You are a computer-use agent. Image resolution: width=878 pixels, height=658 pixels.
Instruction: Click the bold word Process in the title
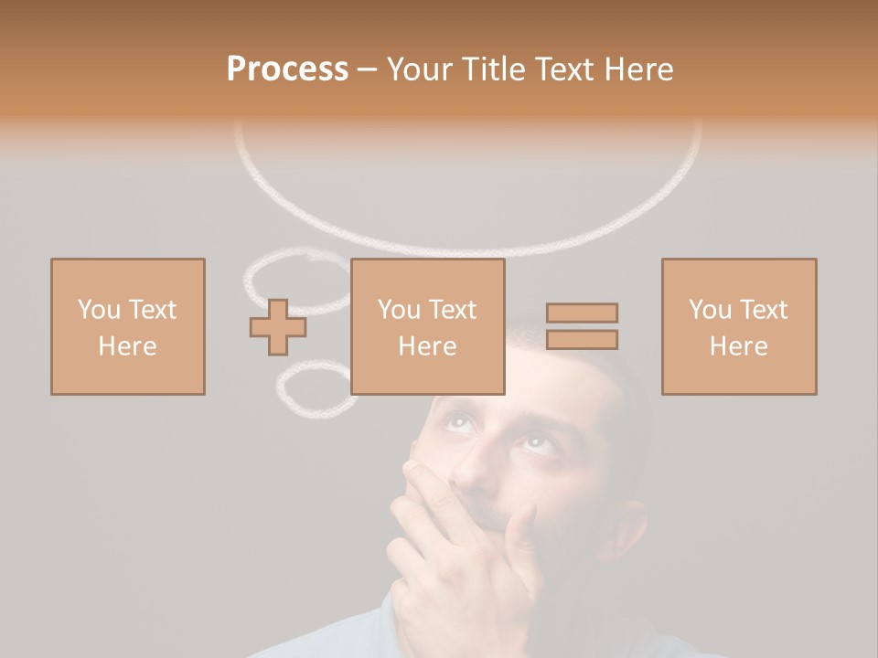(x=287, y=69)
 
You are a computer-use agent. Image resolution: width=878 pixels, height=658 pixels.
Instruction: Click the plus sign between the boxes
(x=278, y=327)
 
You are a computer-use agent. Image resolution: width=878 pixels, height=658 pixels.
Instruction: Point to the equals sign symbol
(x=582, y=326)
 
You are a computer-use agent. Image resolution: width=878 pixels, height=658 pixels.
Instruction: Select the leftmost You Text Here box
(x=128, y=326)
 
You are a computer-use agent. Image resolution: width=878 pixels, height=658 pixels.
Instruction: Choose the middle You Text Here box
(x=428, y=326)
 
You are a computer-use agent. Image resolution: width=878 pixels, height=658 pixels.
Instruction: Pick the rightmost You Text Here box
(x=739, y=326)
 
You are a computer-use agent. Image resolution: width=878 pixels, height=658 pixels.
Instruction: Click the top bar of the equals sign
(x=582, y=313)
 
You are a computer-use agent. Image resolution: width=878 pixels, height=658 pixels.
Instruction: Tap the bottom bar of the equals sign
(x=582, y=340)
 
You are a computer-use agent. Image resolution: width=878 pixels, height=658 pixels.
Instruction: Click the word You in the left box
(x=99, y=310)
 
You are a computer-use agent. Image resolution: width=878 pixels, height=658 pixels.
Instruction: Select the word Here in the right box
(x=739, y=346)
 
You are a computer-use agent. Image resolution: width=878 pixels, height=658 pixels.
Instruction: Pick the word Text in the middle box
(x=453, y=310)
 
